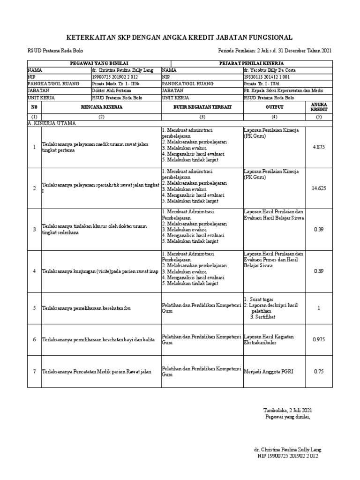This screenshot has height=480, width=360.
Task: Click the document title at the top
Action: coord(180,37)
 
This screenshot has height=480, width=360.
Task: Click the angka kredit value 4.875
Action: coord(319,147)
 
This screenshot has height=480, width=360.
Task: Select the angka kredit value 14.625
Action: coord(319,188)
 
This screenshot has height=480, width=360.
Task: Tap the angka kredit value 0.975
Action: coord(319,339)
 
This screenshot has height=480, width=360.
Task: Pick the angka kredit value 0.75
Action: coord(319,372)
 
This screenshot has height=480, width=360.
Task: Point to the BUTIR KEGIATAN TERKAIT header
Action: coord(202,107)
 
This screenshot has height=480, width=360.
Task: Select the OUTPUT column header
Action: coord(274,107)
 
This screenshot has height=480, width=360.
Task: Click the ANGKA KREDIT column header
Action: coord(319,107)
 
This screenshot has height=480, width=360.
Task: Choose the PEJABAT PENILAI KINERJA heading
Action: coord(251,63)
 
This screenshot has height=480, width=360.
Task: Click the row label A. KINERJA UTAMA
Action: coord(52,123)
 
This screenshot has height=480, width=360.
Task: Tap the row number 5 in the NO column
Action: coord(34,307)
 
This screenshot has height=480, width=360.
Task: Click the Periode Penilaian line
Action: coord(275,51)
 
